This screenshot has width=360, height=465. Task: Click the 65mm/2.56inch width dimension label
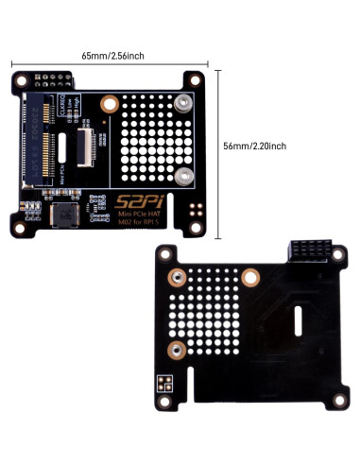point(112,56)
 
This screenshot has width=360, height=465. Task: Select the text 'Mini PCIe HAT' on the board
point(138,215)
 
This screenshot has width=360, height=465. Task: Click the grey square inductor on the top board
point(65,215)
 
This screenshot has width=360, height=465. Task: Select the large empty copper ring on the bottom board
point(249,278)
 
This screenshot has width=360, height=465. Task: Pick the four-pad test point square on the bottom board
point(164,384)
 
